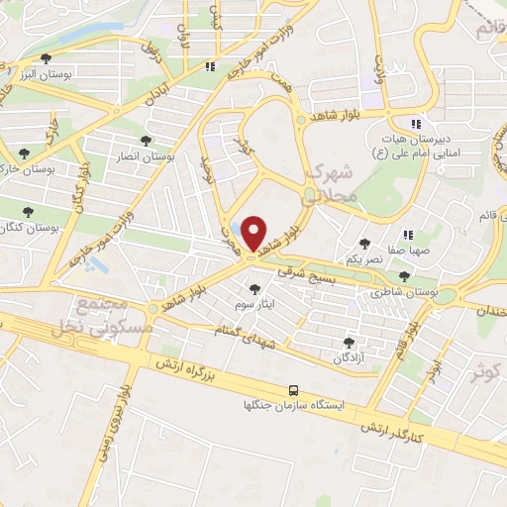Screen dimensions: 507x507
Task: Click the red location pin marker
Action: click(x=254, y=234)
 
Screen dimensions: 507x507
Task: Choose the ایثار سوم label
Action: click(x=255, y=303)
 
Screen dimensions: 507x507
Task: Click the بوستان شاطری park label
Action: click(x=401, y=293)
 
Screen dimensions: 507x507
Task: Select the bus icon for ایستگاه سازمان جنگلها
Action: click(x=293, y=391)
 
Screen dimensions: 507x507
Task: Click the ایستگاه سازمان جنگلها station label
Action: click(x=295, y=406)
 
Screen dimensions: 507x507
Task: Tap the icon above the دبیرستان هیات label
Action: click(x=417, y=124)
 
